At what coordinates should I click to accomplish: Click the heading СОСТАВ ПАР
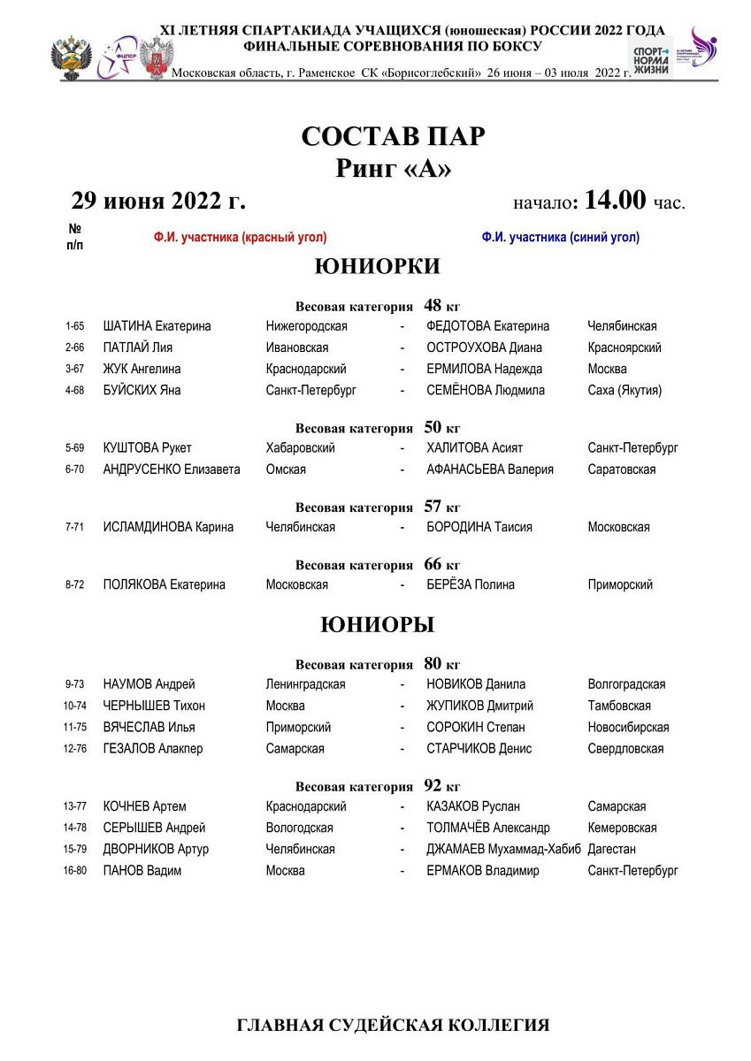[x=394, y=137]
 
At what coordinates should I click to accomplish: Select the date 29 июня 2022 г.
[x=158, y=201]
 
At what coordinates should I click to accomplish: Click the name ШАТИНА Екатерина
[x=157, y=326]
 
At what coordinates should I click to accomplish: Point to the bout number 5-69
[x=74, y=448]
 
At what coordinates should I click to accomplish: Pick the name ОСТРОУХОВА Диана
[x=484, y=347]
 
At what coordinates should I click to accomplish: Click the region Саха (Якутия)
[x=625, y=390]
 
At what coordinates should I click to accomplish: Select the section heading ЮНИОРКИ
[x=377, y=266]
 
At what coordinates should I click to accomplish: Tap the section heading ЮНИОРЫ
[x=377, y=625]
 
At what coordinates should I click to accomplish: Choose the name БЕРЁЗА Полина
[x=470, y=584]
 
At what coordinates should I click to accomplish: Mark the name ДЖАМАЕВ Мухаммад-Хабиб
[x=503, y=849]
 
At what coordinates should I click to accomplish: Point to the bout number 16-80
[x=74, y=871]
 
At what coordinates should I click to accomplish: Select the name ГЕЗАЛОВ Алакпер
[x=153, y=749]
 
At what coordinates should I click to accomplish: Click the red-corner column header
[x=240, y=237]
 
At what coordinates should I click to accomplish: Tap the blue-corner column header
[x=561, y=237]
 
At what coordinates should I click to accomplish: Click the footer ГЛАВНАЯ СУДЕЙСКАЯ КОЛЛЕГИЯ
[x=393, y=1026]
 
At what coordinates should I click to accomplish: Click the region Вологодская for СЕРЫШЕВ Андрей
[x=300, y=828]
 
